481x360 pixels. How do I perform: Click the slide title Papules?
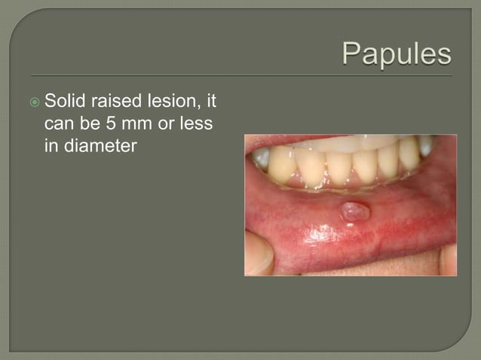397,54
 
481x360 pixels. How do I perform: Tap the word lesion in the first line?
172,100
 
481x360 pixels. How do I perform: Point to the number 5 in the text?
112,124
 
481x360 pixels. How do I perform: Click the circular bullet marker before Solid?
36,101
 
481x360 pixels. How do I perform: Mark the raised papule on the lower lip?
354,212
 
